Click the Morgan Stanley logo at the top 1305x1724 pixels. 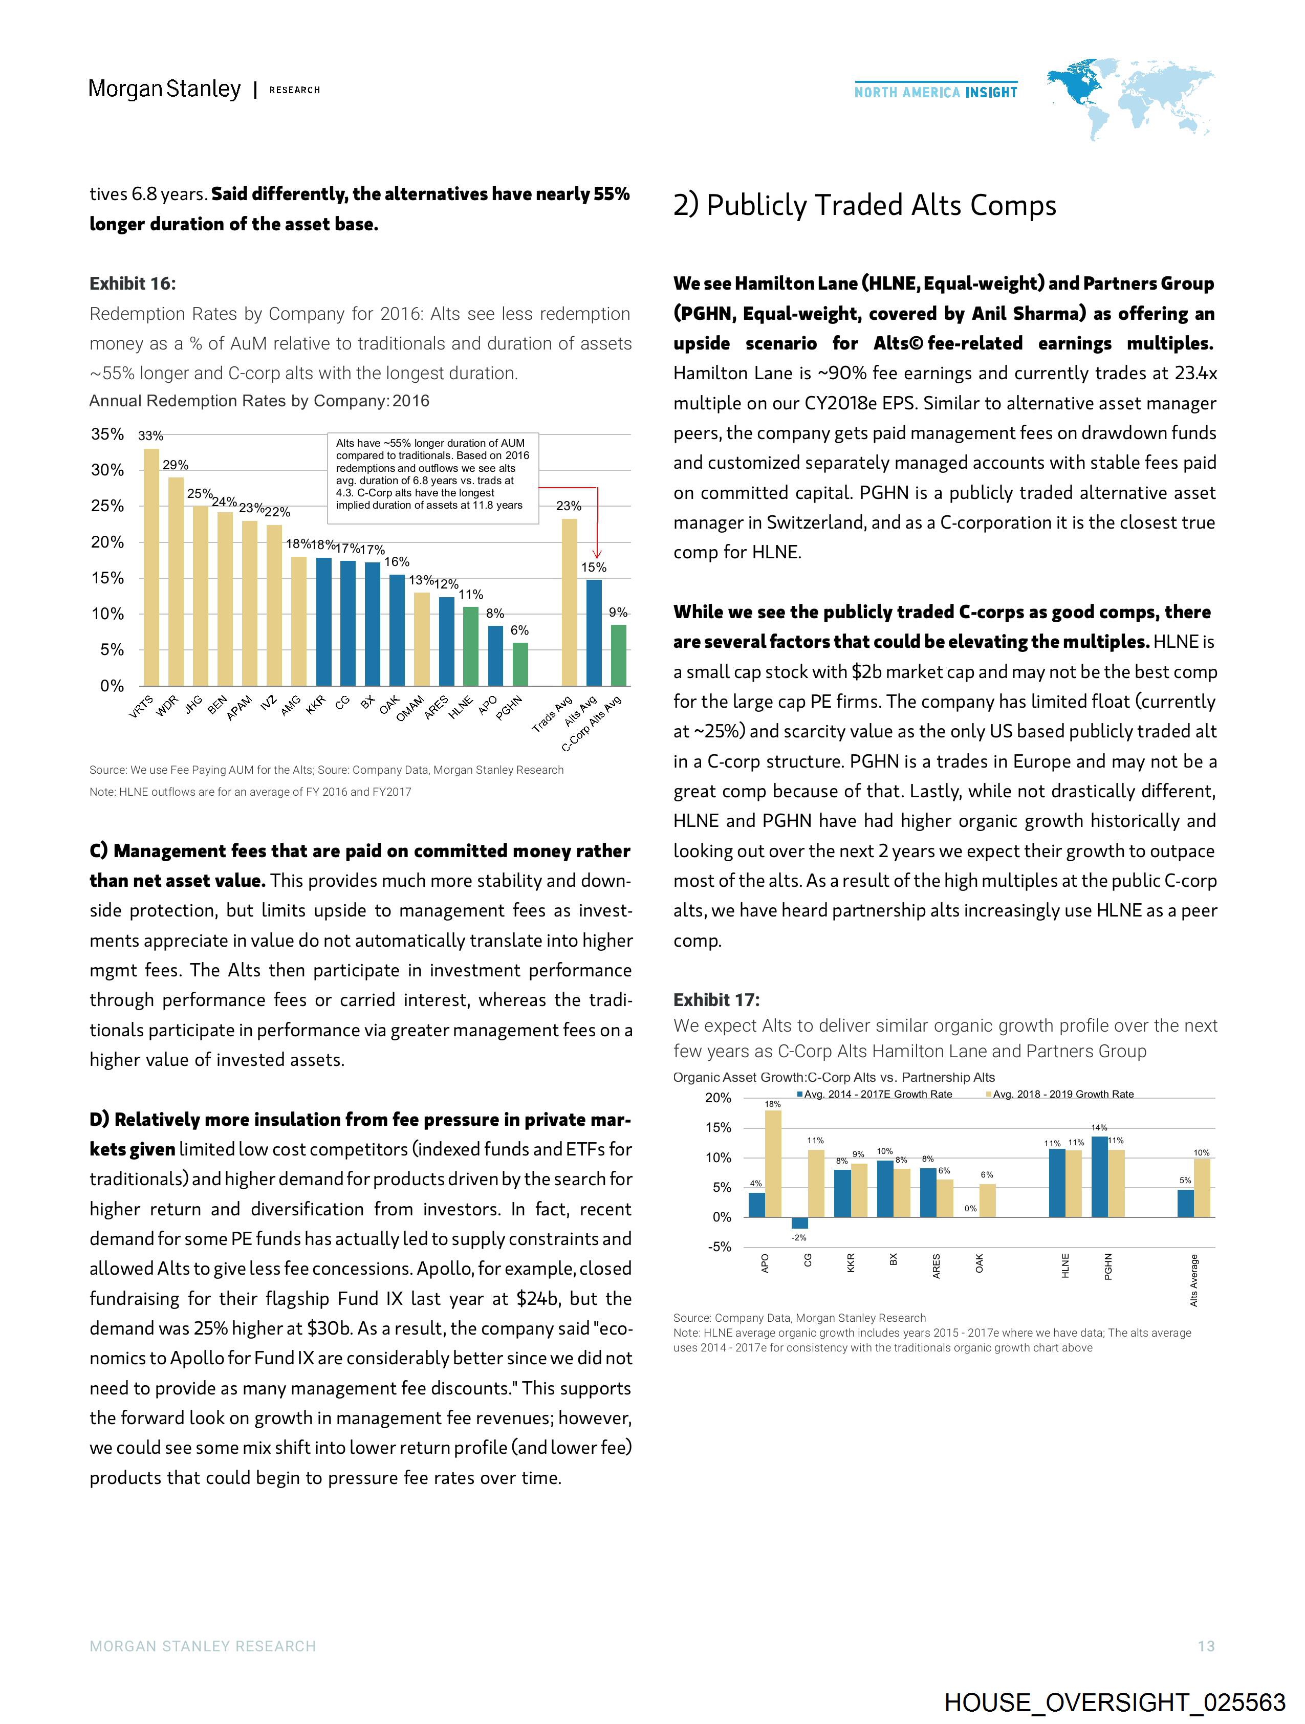coord(164,89)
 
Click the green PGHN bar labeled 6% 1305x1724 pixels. coord(520,664)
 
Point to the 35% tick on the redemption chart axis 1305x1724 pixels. coord(107,434)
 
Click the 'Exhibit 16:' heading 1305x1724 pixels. coord(133,283)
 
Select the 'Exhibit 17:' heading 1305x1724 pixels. coord(715,1000)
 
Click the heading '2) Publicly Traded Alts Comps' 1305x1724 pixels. coord(864,205)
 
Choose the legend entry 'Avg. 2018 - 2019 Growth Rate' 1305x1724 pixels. coord(1062,1094)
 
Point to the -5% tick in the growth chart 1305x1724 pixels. coord(720,1247)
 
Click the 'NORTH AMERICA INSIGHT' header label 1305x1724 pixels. coord(936,92)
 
